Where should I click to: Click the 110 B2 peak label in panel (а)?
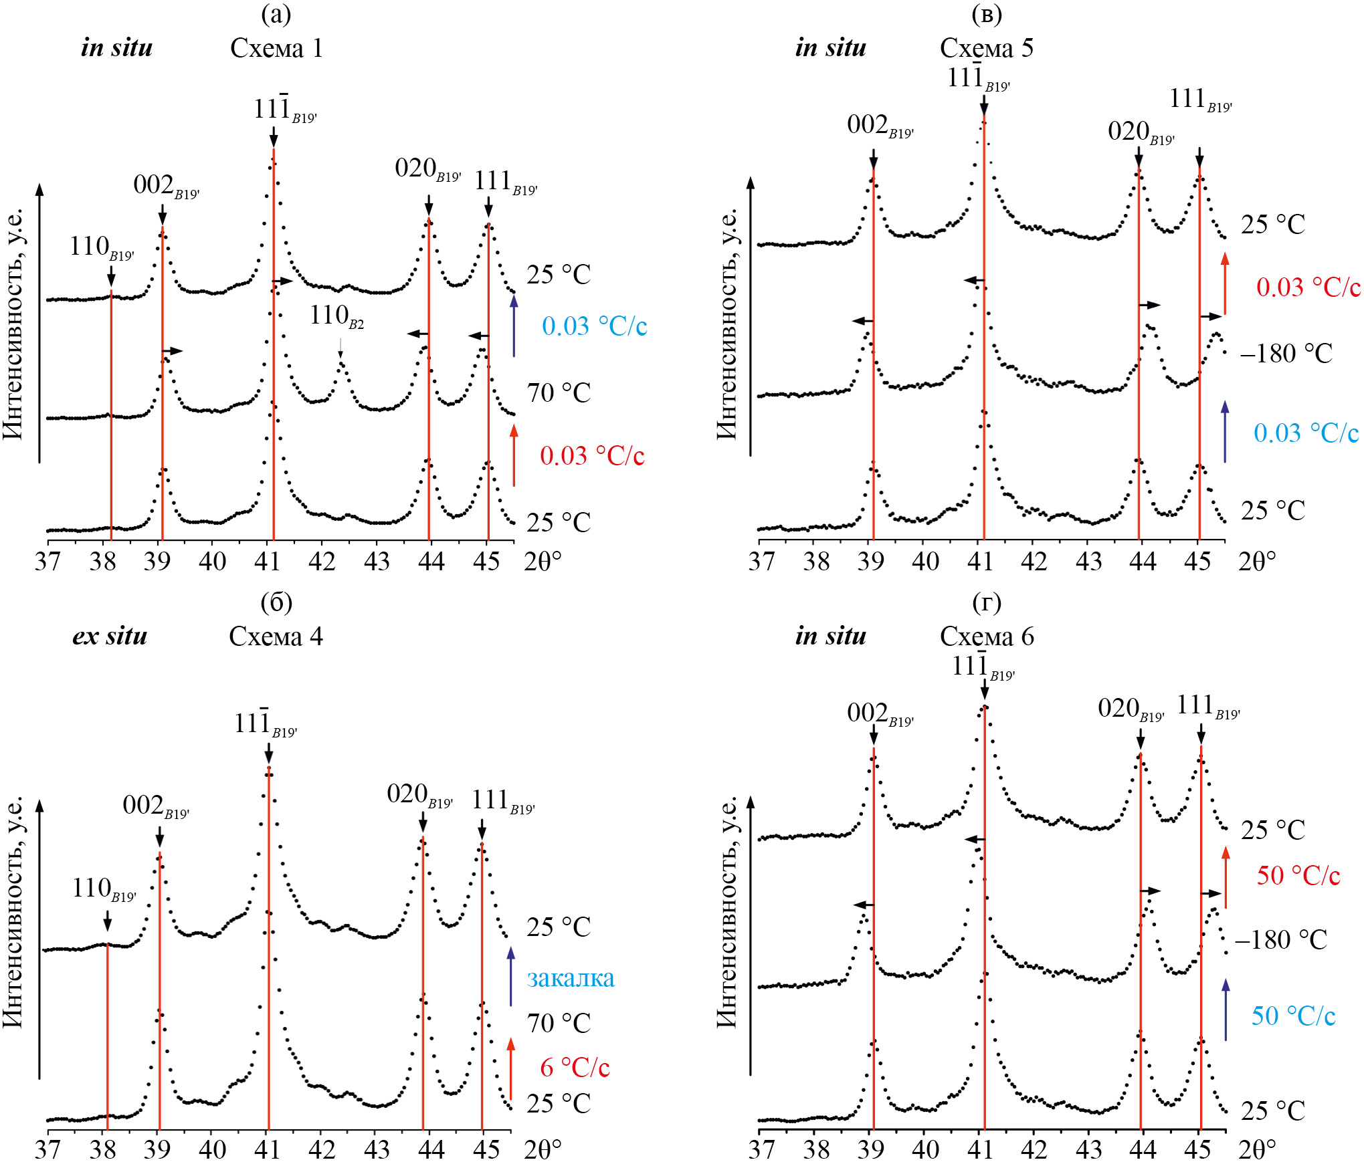click(x=336, y=316)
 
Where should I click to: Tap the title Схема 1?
click(x=276, y=48)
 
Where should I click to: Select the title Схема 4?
click(x=276, y=636)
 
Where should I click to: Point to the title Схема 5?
click(x=986, y=48)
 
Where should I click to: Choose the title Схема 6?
click(x=986, y=636)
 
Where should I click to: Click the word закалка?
click(x=571, y=978)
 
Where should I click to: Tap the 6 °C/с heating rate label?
click(x=575, y=1068)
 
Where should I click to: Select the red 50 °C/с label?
click(x=1298, y=876)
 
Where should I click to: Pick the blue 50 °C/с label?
click(x=1293, y=1016)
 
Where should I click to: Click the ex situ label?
click(x=110, y=636)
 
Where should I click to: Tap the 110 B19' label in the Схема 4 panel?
click(x=104, y=889)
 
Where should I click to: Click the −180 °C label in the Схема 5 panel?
click(x=1286, y=354)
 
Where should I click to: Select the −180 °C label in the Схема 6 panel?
click(x=1280, y=940)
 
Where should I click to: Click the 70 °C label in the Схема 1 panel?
click(x=559, y=393)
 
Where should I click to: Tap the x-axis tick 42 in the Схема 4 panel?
click(x=322, y=1149)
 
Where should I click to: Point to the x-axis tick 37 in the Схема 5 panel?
click(x=761, y=562)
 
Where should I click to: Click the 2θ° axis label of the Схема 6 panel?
click(x=1256, y=1149)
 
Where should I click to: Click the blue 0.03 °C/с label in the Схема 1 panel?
click(x=594, y=326)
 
